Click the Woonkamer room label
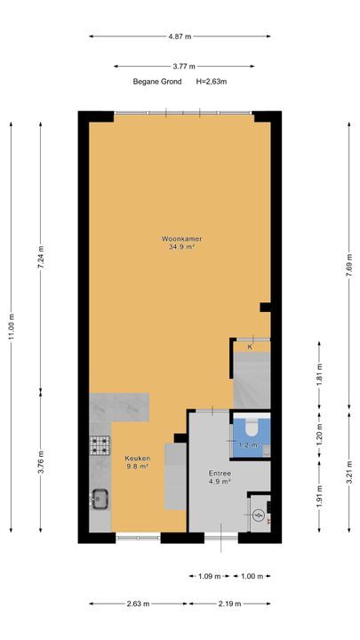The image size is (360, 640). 181,239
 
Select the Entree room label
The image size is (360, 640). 220,474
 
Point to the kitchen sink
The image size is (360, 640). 100,499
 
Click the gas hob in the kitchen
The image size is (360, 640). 100,445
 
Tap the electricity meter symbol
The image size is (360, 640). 258,516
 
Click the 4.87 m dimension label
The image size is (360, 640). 180,36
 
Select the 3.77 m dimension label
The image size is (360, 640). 184,66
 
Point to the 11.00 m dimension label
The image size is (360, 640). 12,327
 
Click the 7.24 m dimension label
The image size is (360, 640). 40,257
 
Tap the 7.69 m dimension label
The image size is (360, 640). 349,266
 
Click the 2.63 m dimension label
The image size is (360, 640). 139,604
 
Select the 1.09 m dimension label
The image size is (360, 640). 210,576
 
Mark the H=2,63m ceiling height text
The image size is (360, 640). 212,82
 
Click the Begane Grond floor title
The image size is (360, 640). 157,82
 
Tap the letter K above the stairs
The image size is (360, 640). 250,347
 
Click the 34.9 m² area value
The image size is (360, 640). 181,246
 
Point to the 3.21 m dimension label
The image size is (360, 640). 349,472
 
